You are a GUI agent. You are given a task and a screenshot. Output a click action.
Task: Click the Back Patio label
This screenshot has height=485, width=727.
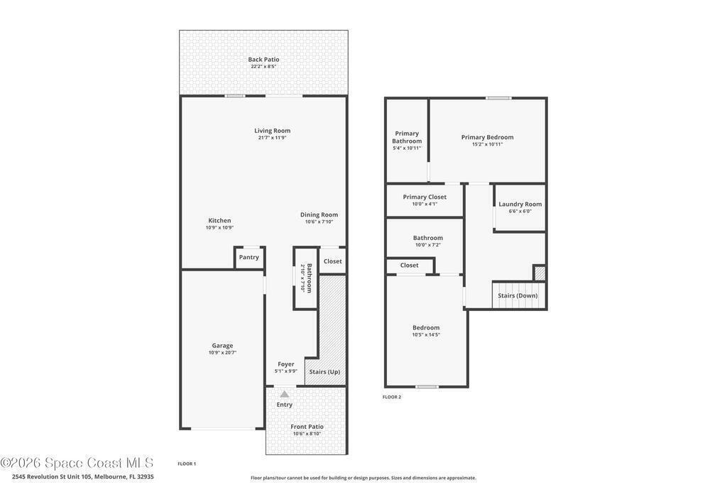[x=263, y=60]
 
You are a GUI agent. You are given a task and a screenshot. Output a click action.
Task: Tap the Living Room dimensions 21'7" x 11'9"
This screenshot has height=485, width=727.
[x=272, y=138]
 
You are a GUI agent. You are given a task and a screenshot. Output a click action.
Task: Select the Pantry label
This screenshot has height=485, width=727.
[x=249, y=257]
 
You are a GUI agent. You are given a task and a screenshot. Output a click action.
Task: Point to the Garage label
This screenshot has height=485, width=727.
[x=222, y=345]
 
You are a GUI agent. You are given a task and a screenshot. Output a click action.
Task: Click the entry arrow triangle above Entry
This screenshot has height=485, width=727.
[x=285, y=394]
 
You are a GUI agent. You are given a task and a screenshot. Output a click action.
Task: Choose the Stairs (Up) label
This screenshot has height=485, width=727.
[x=324, y=372]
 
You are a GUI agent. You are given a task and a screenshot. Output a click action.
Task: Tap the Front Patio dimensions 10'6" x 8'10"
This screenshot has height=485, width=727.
[x=307, y=434]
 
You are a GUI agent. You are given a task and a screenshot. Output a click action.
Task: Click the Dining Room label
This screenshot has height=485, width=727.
[x=319, y=214]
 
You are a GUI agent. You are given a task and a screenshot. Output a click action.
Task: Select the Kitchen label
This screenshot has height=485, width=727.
[x=219, y=221]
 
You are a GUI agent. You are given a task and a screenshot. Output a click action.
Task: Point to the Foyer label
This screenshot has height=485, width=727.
[x=286, y=364]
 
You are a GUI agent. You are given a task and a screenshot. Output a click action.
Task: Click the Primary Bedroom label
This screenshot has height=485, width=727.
[x=487, y=137]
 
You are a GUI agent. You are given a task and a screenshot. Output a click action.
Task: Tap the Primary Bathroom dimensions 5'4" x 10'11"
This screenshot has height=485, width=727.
[x=407, y=148]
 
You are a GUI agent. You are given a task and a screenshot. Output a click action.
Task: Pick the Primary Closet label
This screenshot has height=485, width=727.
[x=425, y=197]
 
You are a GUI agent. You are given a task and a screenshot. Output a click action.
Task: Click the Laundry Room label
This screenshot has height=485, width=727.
[x=520, y=204]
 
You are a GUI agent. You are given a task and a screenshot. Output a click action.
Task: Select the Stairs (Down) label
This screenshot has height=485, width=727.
[x=518, y=296]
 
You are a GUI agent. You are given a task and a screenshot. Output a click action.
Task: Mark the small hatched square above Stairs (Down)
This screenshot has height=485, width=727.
[x=540, y=273]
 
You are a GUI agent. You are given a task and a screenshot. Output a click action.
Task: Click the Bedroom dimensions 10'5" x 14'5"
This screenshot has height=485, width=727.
[x=426, y=334]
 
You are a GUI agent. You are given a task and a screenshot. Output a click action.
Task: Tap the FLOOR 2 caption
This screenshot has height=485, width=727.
[x=392, y=397]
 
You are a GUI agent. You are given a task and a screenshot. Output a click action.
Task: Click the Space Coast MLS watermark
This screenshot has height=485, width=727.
[x=77, y=463]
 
